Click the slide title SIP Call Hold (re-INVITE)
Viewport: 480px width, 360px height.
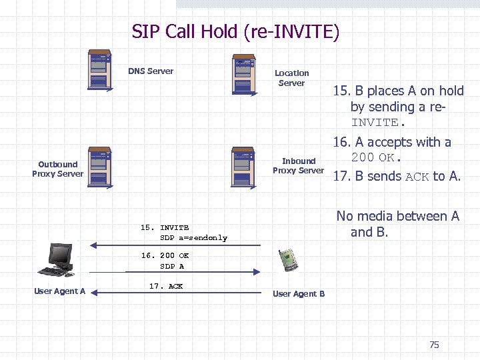tap(235, 32)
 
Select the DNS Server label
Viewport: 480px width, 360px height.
tap(151, 71)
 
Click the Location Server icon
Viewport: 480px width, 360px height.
tap(243, 75)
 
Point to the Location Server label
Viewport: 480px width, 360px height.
tap(291, 78)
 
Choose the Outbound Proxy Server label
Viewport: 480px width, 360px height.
tap(58, 169)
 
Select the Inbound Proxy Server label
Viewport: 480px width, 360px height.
tap(298, 165)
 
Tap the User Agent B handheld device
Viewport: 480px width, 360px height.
tap(287, 258)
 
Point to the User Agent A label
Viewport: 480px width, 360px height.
tap(60, 291)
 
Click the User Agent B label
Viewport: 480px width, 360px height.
tap(299, 294)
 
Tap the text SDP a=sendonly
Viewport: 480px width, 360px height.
tap(193, 238)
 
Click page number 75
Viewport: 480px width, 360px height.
tap(434, 345)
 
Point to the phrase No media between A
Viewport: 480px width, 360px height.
tap(398, 216)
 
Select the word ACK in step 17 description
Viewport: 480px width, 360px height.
tap(417, 177)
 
